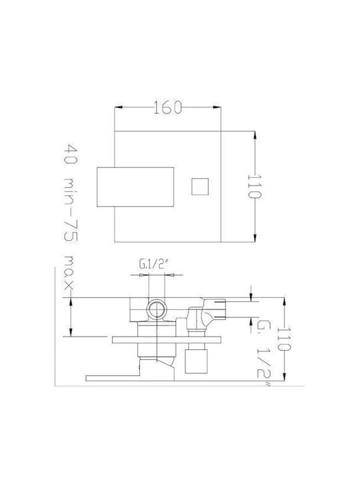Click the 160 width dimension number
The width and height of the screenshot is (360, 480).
(167, 107)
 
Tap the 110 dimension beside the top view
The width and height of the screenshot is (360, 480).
(254, 187)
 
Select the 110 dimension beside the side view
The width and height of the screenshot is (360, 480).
(284, 339)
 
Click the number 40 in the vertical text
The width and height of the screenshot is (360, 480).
(71, 154)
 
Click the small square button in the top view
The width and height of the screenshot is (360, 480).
(200, 187)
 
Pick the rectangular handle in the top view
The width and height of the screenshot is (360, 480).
(135, 187)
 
